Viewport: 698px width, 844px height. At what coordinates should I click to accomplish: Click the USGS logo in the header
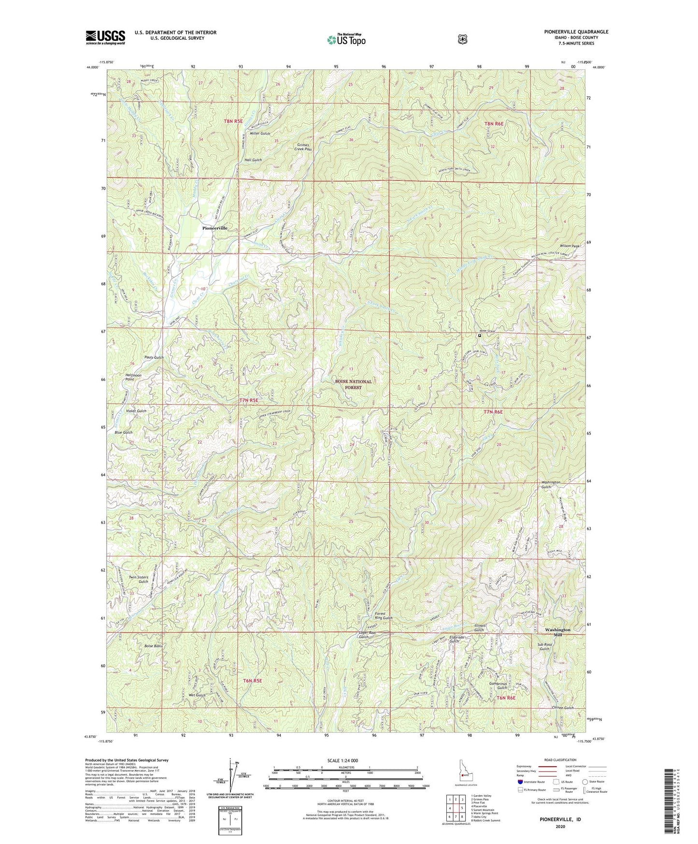(x=105, y=37)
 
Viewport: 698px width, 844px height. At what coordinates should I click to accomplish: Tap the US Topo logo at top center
(x=345, y=40)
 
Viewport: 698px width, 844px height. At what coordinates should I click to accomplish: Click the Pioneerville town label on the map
(x=214, y=228)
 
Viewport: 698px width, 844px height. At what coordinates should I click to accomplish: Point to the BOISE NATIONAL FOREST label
(x=354, y=384)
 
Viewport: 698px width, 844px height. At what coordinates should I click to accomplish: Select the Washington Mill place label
(x=557, y=632)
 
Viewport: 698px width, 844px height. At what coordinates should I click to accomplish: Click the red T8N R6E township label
(x=494, y=124)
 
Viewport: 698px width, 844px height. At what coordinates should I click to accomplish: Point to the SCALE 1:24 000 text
(x=342, y=760)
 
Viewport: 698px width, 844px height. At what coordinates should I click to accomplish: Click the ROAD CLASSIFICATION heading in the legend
(x=560, y=760)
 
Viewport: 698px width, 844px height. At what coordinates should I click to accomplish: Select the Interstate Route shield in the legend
(x=520, y=782)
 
